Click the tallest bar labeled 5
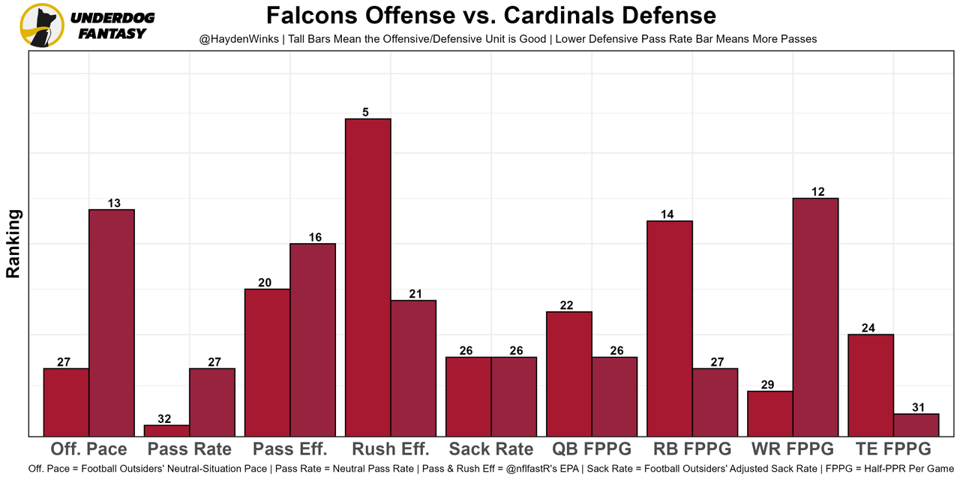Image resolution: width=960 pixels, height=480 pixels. coord(367,277)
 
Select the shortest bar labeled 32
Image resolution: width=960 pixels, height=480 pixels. coord(166,430)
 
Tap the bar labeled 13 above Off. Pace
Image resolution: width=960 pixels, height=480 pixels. coord(112,322)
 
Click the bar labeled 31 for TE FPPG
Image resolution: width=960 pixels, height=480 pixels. coord(916,424)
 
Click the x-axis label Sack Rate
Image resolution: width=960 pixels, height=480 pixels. coord(490,449)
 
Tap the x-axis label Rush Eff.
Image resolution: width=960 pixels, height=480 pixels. coord(390,449)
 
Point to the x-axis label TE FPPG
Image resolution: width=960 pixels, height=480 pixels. coord(892,449)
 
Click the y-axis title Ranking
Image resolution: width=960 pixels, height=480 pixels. coord(13,244)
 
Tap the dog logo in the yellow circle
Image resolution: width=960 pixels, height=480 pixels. coord(42,25)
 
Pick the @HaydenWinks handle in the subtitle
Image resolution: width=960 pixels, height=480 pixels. coord(237,39)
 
